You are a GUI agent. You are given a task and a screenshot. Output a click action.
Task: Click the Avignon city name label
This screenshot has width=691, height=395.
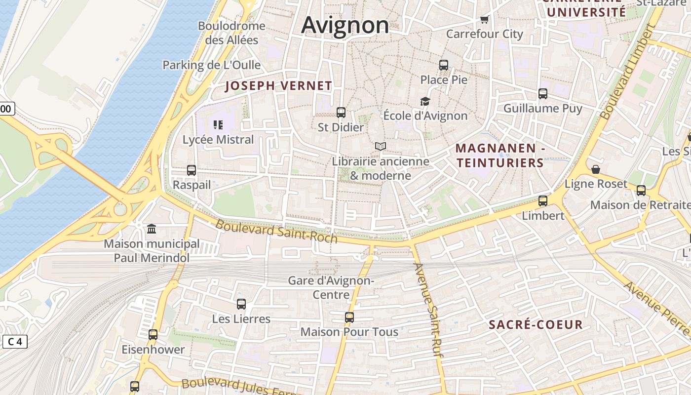pyautogui.click(x=345, y=25)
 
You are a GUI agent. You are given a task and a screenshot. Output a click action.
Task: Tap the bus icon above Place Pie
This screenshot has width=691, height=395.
pyautogui.click(x=444, y=65)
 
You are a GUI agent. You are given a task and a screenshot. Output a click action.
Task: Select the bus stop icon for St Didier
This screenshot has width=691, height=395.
pyautogui.click(x=341, y=113)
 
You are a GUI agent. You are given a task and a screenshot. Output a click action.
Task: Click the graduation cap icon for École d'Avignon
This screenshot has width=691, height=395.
pyautogui.click(x=425, y=101)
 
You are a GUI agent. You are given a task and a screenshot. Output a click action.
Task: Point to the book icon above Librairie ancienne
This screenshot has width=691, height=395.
pyautogui.click(x=380, y=146)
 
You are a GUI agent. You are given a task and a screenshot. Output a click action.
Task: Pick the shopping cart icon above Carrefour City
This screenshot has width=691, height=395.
pyautogui.click(x=484, y=20)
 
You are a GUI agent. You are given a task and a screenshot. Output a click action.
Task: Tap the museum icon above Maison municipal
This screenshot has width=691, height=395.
pyautogui.click(x=152, y=229)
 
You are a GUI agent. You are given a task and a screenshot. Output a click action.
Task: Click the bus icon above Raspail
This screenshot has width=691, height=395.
pyautogui.click(x=192, y=170)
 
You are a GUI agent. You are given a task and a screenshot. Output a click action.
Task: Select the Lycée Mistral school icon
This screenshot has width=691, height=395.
pyautogui.click(x=218, y=125)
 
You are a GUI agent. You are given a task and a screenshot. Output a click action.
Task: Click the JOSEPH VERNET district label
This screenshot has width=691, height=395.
pyautogui.click(x=278, y=86)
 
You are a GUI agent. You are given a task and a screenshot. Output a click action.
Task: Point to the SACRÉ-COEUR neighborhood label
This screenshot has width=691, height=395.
pyautogui.click(x=536, y=324)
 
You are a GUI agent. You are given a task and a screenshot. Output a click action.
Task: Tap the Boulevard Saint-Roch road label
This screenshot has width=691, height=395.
pyautogui.click(x=276, y=231)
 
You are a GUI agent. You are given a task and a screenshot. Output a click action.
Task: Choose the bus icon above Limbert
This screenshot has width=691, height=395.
pyautogui.click(x=543, y=201)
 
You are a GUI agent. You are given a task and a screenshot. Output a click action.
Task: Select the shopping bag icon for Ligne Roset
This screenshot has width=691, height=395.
pyautogui.click(x=596, y=169)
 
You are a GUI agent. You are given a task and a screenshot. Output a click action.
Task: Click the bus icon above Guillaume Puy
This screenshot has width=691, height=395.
pyautogui.click(x=543, y=94)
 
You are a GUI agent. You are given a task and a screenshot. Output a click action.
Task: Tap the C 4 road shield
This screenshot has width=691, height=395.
pyautogui.click(x=15, y=342)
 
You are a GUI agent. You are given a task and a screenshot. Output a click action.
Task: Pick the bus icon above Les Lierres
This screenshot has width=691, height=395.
pyautogui.click(x=241, y=304)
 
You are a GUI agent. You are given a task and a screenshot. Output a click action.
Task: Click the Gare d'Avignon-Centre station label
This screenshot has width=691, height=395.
pyautogui.click(x=331, y=287)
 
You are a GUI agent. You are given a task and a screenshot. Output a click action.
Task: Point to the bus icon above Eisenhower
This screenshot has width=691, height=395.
pyautogui.click(x=153, y=335)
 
